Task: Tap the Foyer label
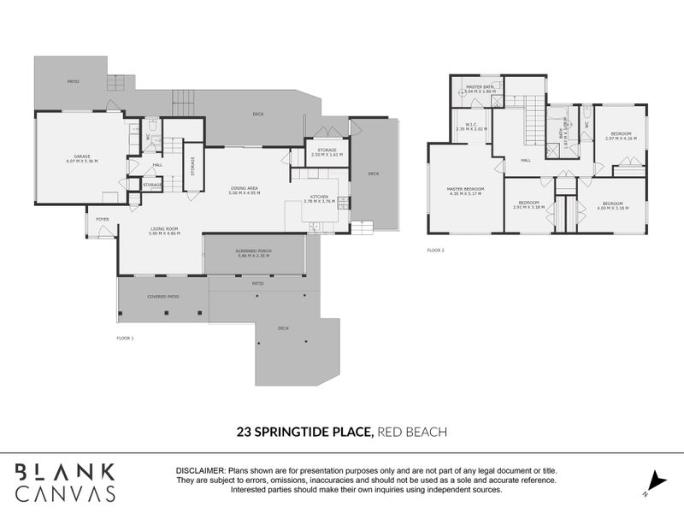(x=102, y=219)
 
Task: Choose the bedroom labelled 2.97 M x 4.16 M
(x=621, y=136)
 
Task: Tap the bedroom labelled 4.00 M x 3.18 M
(x=611, y=205)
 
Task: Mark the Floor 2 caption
(x=436, y=251)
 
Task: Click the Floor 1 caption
(x=125, y=339)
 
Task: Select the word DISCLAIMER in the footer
(x=199, y=471)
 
